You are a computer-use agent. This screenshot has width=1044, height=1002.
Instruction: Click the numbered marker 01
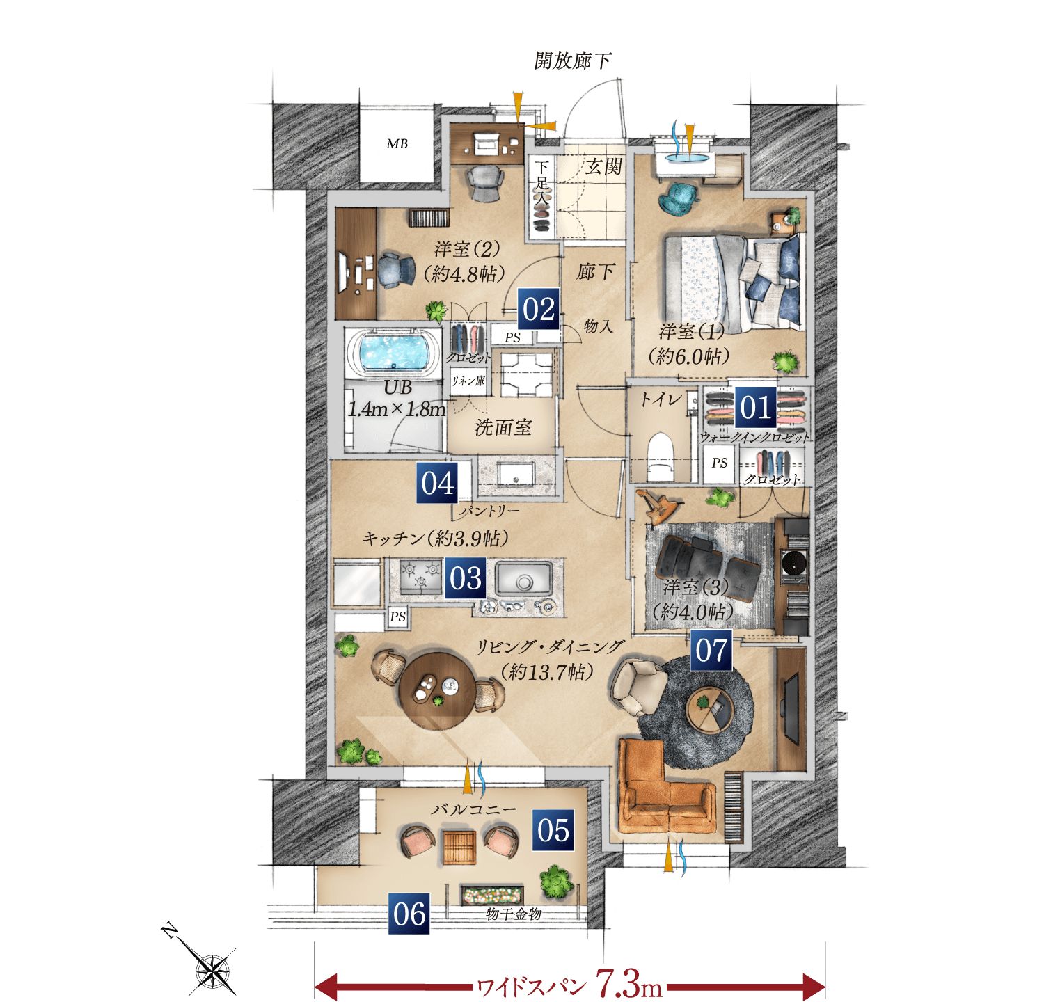[756, 407]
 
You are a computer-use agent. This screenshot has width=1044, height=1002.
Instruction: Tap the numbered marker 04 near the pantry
[437, 483]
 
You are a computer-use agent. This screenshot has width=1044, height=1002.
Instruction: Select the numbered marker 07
[711, 651]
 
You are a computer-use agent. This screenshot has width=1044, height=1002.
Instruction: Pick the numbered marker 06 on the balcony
[409, 914]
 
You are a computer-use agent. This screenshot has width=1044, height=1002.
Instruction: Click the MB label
[397, 144]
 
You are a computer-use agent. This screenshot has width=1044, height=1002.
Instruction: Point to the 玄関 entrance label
[603, 166]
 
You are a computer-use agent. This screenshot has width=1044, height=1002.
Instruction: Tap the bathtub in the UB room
[393, 352]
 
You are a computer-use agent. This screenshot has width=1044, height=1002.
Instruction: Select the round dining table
[436, 690]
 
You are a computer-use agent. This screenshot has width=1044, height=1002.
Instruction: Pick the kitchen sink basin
[524, 579]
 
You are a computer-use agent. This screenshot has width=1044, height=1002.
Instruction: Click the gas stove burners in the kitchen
[420, 578]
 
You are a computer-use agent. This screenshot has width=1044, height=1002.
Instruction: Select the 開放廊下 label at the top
[573, 61]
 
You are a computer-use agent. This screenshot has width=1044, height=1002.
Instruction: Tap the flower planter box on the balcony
[492, 895]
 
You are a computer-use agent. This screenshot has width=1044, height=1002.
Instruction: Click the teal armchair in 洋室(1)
[678, 196]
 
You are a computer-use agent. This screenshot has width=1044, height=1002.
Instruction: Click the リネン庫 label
[468, 381]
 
